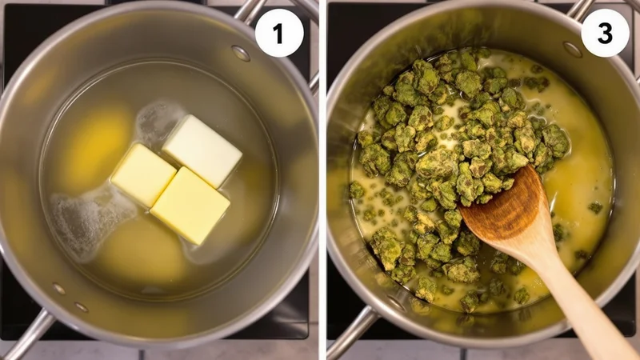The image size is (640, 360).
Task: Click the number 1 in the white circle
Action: pyautogui.click(x=278, y=33)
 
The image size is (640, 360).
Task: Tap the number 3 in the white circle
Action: pyautogui.click(x=605, y=33)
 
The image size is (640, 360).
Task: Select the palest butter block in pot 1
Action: pyautogui.click(x=202, y=150)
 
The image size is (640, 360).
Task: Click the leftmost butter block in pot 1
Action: pyautogui.click(x=142, y=175)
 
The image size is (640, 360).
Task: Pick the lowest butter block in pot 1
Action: pyautogui.click(x=190, y=205)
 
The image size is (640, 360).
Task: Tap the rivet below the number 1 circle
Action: pyautogui.click(x=241, y=53)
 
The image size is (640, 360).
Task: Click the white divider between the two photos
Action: pyautogui.click(x=322, y=180)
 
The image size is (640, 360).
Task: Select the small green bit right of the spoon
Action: pyautogui.click(x=595, y=208)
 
